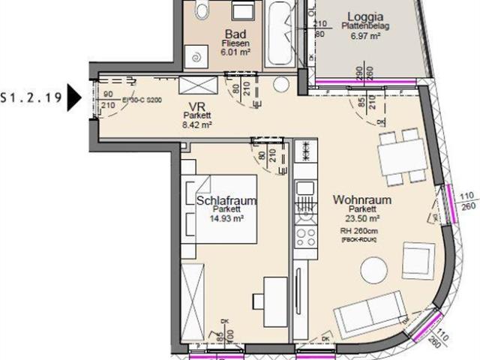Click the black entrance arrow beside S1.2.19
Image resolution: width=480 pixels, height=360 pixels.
click(73, 97)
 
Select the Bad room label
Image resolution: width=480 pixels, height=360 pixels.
click(235, 34)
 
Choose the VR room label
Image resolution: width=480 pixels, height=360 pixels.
click(197, 106)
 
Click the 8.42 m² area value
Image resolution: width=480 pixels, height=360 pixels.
click(197, 125)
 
